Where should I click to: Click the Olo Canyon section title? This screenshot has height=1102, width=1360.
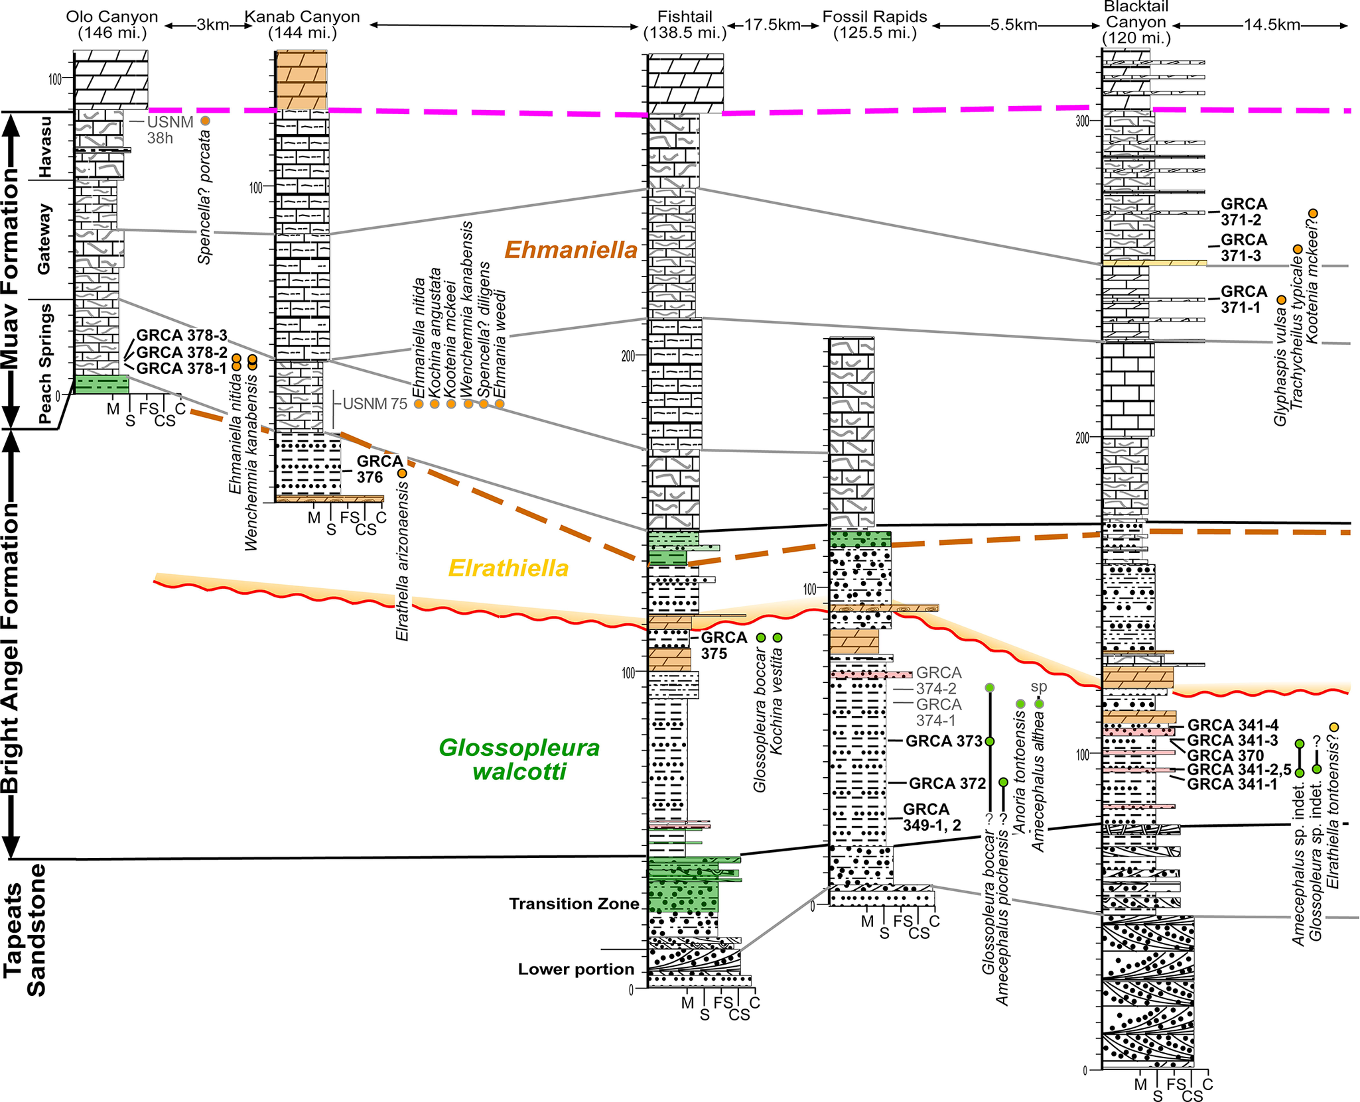111,25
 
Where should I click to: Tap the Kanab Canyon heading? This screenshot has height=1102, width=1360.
303,25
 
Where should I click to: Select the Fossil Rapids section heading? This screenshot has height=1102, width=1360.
874,25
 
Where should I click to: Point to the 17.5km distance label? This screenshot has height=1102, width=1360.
773,25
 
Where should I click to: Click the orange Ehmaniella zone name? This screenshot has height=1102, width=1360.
571,250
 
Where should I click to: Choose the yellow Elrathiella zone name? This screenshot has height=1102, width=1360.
508,568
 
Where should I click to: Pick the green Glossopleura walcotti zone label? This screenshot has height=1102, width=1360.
519,759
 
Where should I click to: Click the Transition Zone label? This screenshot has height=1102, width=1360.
574,904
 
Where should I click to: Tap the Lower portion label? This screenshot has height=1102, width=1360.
576,969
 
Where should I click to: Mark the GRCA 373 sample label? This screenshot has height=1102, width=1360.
944,741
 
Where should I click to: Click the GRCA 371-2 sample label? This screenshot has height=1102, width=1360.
1244,212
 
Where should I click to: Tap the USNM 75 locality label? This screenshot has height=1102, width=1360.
375,404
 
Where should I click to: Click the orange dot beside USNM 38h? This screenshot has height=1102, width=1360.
205,121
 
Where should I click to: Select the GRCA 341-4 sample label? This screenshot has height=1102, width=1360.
1233,725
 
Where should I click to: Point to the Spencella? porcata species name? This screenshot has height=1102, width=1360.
205,197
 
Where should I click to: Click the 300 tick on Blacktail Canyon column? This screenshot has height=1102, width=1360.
1083,121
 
